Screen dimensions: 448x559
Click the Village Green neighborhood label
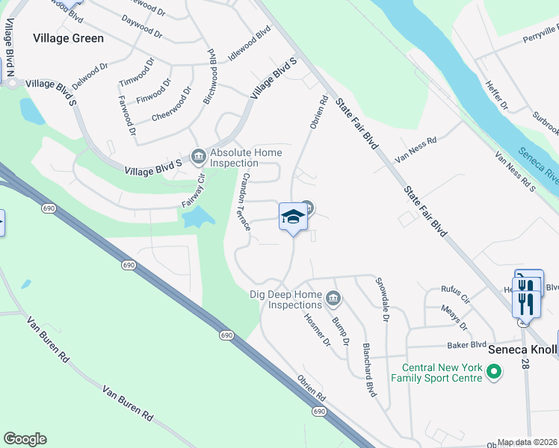[x=68, y=37]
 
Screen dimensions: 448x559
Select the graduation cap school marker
[x=293, y=218]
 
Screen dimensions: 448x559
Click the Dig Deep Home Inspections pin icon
[x=334, y=300]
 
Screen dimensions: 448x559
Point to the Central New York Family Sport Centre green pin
[x=493, y=370]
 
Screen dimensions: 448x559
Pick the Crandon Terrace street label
[x=245, y=201]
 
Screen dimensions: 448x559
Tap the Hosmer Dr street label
[x=317, y=329]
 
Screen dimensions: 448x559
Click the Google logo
[x=25, y=439]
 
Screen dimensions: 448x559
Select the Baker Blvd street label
[x=467, y=345]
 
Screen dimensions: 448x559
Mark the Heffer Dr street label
[x=497, y=96]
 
